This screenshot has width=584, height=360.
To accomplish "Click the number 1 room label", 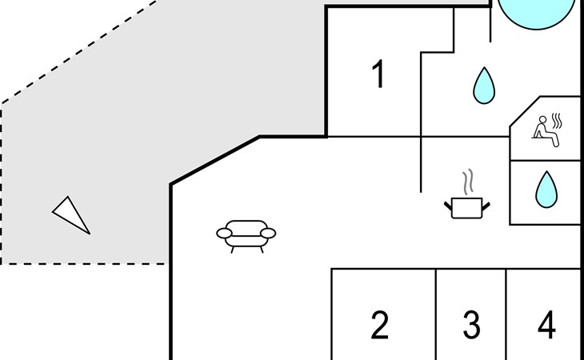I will pos(379,74).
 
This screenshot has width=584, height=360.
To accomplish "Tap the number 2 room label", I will pos(380,326).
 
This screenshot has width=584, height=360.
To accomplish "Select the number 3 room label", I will pos(471,326).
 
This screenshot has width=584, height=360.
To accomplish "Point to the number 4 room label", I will pos(546,326).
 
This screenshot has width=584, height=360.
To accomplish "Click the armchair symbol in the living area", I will pos(246,234).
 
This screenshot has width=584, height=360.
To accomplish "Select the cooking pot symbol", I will pos(466,208).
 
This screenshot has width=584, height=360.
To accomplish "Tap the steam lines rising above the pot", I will pos(469,181).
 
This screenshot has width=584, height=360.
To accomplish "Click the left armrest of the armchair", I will pos(224,233).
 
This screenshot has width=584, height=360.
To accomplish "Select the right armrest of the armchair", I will pos(268,233).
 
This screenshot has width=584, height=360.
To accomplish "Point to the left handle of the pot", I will pos(448,206).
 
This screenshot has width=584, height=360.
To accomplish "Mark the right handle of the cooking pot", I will pos(485,206).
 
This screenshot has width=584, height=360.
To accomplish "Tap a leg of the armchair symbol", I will pos(232,249).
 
